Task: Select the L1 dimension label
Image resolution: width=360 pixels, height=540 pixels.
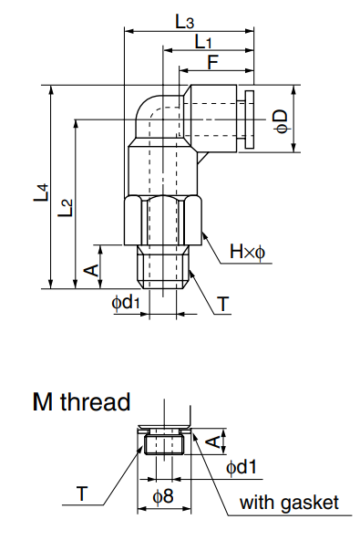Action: coord(203,42)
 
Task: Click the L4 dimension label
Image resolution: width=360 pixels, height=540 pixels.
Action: coord(40,192)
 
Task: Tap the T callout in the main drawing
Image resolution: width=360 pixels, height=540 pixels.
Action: coord(223,305)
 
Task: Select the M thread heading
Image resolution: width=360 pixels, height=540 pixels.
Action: coord(81,401)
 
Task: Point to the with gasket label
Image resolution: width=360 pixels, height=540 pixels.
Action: coord(289,503)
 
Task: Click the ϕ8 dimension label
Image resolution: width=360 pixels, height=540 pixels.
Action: coord(162,497)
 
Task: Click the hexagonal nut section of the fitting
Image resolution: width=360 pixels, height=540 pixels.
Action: coord(165,221)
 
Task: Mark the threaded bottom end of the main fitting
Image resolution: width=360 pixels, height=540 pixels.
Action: coord(165,266)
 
